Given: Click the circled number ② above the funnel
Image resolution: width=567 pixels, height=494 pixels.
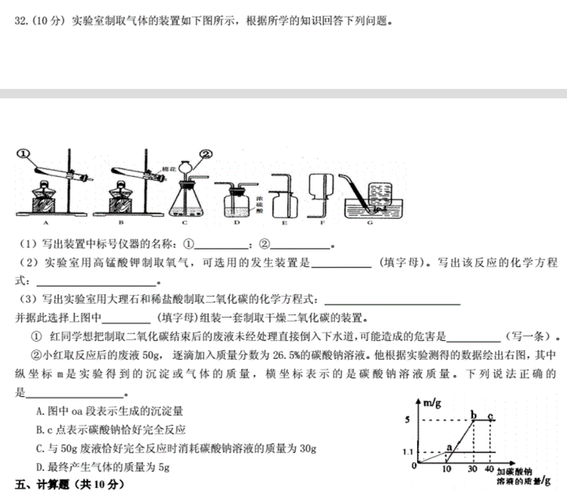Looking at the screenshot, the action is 206,153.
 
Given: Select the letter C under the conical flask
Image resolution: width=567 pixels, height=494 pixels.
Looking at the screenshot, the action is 185,222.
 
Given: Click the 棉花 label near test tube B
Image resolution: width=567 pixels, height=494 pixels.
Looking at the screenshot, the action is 167,168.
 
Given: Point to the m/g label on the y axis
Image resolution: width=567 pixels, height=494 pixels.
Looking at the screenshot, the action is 432,402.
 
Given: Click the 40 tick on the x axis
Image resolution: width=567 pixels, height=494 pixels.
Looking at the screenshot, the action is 489,470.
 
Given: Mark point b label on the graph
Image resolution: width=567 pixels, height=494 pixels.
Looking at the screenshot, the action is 473,413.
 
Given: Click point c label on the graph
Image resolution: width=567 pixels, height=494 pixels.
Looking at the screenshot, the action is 490,413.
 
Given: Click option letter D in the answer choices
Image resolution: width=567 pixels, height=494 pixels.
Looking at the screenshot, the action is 40,466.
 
